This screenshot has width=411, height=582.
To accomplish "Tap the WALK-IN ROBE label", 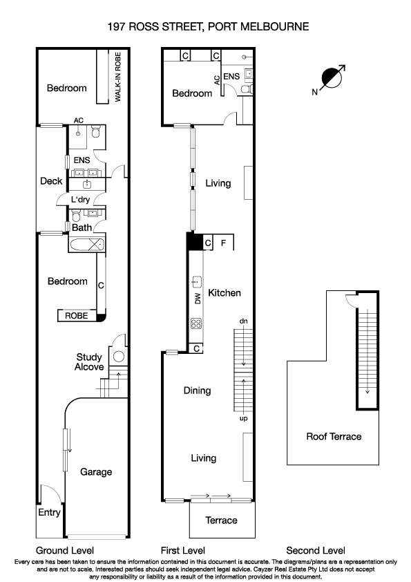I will tap(118, 76).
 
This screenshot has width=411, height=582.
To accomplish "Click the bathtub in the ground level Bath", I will tap(86, 244).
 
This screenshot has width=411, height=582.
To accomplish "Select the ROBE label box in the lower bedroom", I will tap(76, 315).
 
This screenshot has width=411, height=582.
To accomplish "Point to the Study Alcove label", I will tap(89, 362).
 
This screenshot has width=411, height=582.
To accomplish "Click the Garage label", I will tap(96, 472).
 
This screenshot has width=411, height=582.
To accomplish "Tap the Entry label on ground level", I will tap(49, 513).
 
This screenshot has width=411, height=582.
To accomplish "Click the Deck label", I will tap(51, 182).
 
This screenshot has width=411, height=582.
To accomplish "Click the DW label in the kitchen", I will tap(197, 298).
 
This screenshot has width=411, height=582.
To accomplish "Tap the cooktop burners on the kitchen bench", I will tap(195, 323).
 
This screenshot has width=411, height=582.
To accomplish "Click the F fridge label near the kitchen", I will tap(222, 243).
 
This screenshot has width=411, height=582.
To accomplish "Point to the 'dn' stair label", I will tap(243, 321).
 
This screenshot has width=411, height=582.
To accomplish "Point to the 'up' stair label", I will tap(243, 418).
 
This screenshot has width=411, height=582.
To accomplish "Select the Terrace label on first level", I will tap(222, 520).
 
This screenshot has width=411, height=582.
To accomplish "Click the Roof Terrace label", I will tap(334, 437).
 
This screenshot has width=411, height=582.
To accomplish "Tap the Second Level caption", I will tap(316, 550).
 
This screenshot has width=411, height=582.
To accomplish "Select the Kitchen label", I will tap(224, 293).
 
